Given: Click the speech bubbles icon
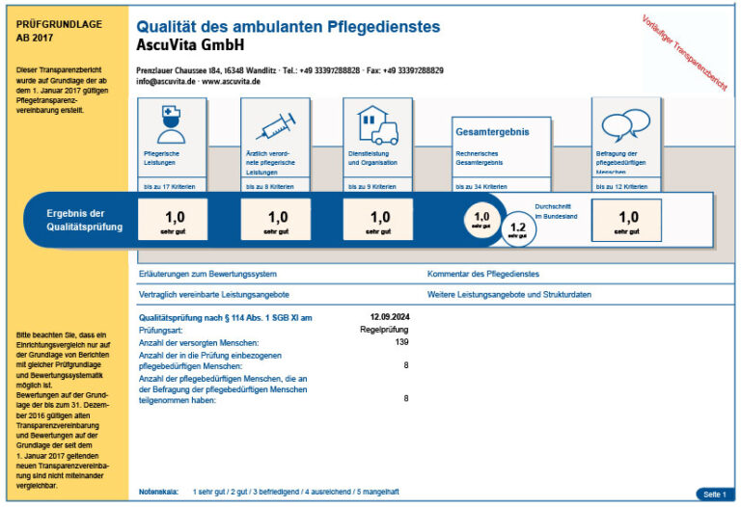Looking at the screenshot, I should (624, 125).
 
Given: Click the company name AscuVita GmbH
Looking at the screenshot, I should (191, 45).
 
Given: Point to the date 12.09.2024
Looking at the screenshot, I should (390, 317).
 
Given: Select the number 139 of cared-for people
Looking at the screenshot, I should (402, 342).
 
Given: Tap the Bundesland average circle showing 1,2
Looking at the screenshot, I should (517, 230).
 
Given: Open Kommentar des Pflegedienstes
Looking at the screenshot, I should (482, 275).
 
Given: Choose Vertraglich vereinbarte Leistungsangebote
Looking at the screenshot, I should (214, 294).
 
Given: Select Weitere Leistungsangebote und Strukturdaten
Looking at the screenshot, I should (509, 294).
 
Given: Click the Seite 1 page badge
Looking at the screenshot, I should (714, 494).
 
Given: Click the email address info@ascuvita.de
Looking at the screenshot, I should (166, 84).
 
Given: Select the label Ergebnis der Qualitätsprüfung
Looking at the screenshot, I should (85, 220).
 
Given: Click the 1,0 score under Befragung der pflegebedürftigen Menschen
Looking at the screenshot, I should (628, 220).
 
